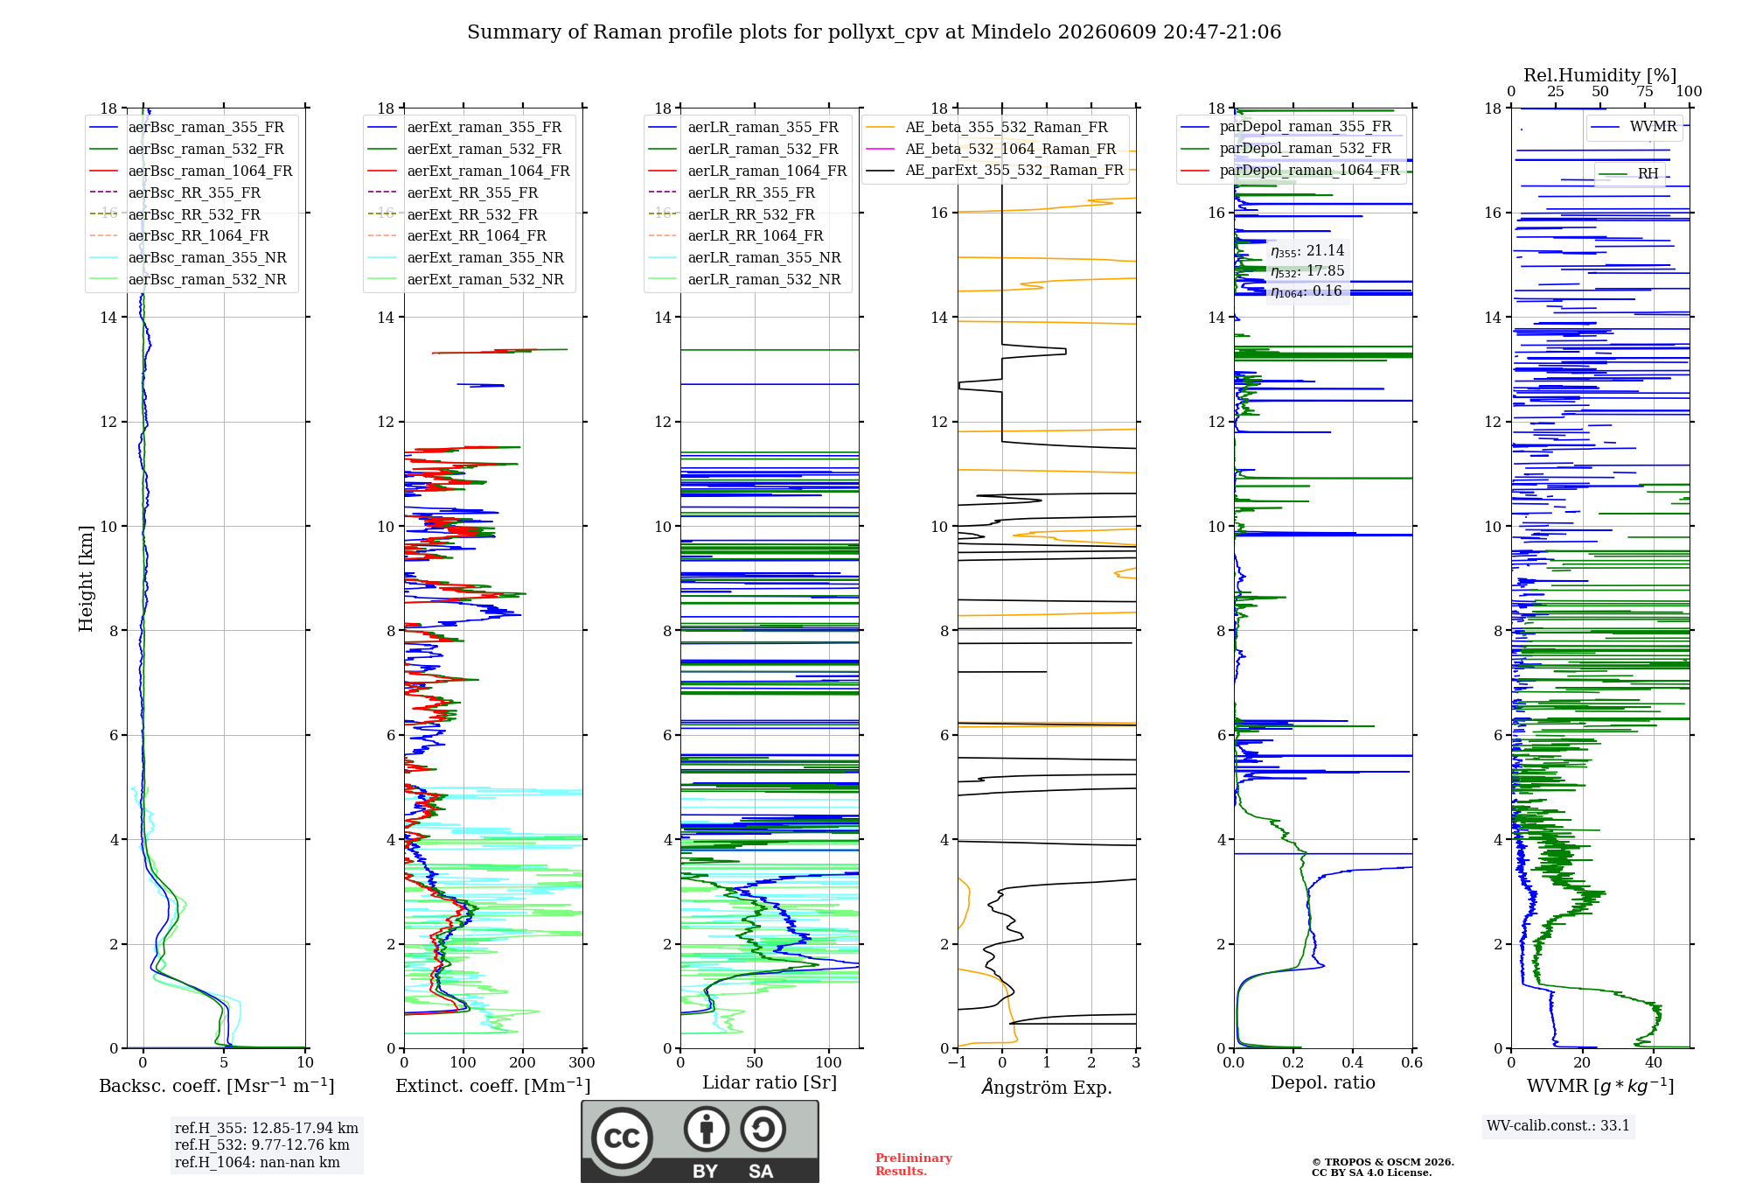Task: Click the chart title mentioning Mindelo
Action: point(874,32)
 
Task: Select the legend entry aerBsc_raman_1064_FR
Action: point(210,171)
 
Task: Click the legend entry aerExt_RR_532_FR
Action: point(472,214)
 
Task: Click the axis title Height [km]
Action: point(86,578)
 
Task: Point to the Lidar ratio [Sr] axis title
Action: point(770,1082)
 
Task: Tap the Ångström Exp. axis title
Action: point(1047,1087)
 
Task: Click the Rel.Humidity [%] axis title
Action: point(1600,75)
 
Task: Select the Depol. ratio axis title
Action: point(1323,1082)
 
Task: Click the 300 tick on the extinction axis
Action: point(582,1062)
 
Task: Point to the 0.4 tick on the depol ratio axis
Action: point(1352,1062)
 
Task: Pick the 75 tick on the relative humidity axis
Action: point(1645,92)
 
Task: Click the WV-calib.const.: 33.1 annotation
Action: point(1558,1125)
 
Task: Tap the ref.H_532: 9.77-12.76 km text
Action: point(262,1144)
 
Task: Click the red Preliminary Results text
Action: point(914,1165)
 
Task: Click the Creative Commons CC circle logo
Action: point(622,1138)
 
